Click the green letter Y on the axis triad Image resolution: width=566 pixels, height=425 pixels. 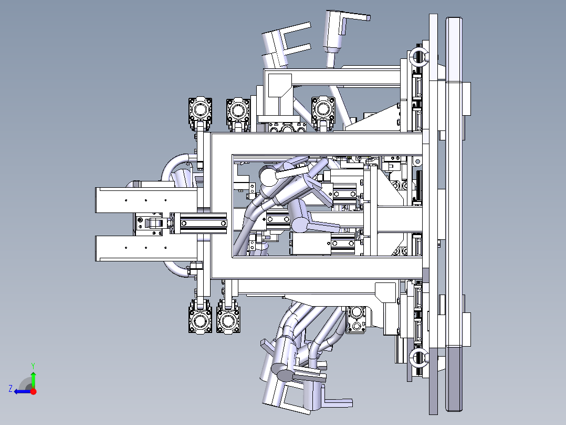click(33, 366)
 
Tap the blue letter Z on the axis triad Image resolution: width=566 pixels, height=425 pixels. click(11, 389)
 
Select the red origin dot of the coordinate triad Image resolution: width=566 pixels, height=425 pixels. click(33, 391)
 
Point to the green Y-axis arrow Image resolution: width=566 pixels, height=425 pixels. click(33, 379)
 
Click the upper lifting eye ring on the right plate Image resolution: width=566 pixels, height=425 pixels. click(418, 56)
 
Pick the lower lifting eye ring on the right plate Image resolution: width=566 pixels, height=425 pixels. click(418, 358)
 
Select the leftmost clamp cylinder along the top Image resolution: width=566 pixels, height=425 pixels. click(200, 110)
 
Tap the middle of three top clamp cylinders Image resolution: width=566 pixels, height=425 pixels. click(238, 110)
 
